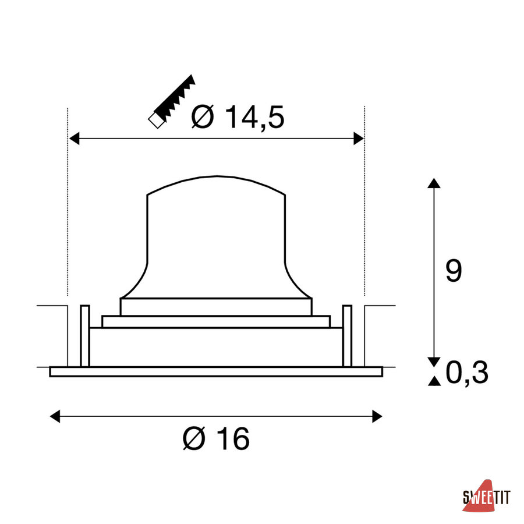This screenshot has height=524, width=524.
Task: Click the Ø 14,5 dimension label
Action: click(x=238, y=117)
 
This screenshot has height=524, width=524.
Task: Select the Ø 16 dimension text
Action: click(x=216, y=438)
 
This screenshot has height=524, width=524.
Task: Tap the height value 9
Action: click(x=454, y=270)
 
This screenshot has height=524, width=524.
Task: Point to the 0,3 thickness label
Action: click(x=467, y=372)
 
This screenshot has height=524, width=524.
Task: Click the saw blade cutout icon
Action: click(x=172, y=101)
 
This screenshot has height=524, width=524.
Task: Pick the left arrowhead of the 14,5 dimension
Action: click(x=74, y=139)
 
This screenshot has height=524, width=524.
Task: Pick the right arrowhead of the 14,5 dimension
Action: click(x=359, y=139)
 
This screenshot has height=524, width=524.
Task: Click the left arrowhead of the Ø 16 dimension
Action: click(x=55, y=416)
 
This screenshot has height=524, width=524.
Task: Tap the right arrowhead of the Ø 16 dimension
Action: click(x=377, y=416)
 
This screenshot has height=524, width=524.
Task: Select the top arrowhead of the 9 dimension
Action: click(x=434, y=183)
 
